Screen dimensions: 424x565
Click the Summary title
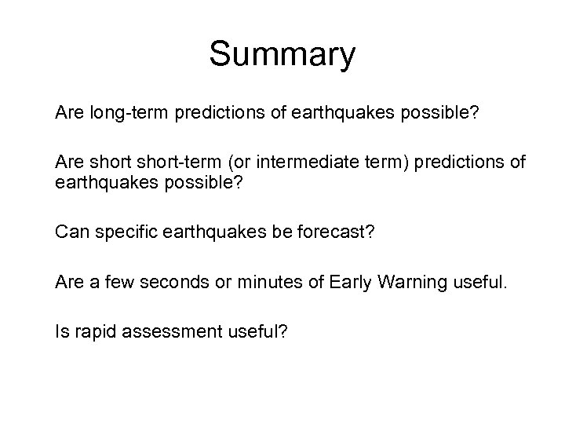coord(282,55)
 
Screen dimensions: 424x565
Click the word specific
coord(123,232)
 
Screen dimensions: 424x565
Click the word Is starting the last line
coord(61,331)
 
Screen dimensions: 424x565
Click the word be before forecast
coord(284,232)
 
